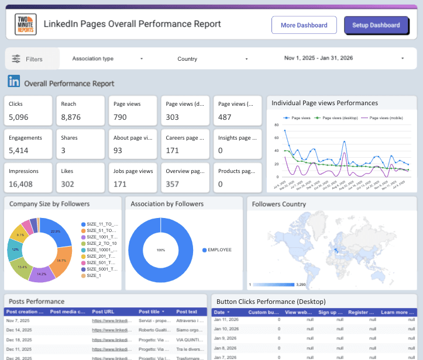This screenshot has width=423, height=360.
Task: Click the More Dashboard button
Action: (x=304, y=25)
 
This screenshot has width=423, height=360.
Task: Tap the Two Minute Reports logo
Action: (x=26, y=25)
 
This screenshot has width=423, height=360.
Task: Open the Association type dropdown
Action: (x=107, y=58)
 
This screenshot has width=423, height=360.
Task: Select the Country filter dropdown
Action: (x=212, y=59)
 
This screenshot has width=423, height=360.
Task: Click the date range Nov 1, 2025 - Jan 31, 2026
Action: (x=344, y=58)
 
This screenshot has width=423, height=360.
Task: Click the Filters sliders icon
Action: (x=16, y=59)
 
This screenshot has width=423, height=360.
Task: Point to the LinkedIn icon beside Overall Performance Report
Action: (x=13, y=82)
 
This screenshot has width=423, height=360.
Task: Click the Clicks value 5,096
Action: (x=19, y=117)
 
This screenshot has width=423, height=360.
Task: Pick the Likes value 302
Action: (x=68, y=184)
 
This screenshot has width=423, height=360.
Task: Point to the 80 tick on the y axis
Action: (x=277, y=124)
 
